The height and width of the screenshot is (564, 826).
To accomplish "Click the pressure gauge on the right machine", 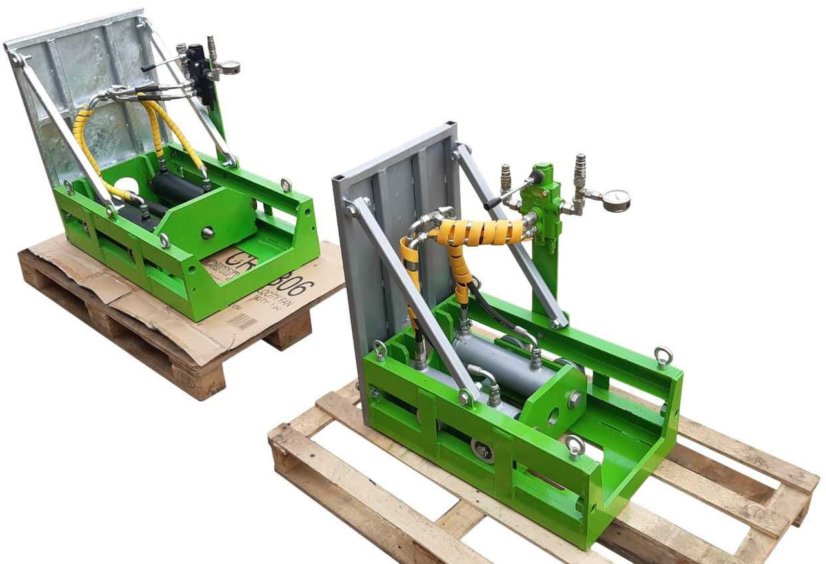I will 616,200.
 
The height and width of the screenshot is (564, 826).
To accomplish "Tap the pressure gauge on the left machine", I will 228,67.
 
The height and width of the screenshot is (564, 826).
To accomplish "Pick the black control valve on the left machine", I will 202,74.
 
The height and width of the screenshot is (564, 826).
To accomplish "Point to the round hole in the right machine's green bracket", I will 552,417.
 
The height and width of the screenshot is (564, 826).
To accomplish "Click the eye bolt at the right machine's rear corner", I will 662,356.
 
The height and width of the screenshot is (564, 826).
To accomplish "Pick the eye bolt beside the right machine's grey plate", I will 380,351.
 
